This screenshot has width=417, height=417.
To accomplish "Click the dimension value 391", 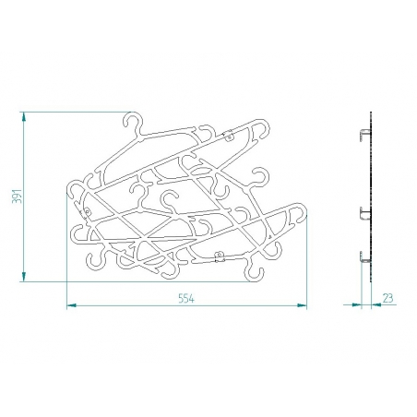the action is [x=18, y=196].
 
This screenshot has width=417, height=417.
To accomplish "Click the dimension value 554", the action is [x=186, y=298].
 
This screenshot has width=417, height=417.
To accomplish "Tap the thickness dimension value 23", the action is [x=388, y=298].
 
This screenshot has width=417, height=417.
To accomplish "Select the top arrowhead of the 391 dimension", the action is [x=24, y=117].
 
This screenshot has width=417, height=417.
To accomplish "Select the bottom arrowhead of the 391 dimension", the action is [x=24, y=276].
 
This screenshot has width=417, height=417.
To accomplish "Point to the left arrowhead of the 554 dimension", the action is [x=72, y=305].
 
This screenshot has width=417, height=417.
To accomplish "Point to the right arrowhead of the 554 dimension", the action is [x=302, y=305].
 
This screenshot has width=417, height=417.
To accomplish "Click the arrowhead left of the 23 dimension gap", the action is [x=356, y=304].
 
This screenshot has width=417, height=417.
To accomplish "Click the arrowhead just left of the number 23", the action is [x=375, y=304].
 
